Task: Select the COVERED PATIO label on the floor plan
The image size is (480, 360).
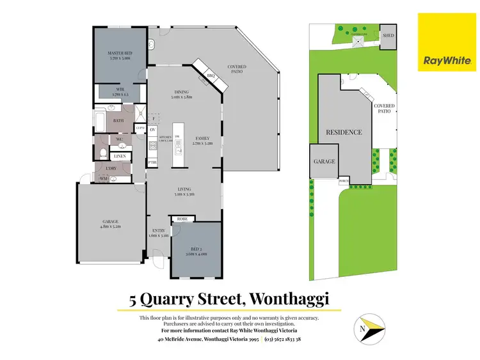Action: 237,69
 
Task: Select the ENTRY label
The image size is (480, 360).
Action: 158,232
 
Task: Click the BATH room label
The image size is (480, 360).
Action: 118,120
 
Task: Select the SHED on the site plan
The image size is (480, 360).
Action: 388,36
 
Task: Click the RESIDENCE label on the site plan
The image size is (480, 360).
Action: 344,133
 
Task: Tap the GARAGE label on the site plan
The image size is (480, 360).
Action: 324,162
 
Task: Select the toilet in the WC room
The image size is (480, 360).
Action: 104,153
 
